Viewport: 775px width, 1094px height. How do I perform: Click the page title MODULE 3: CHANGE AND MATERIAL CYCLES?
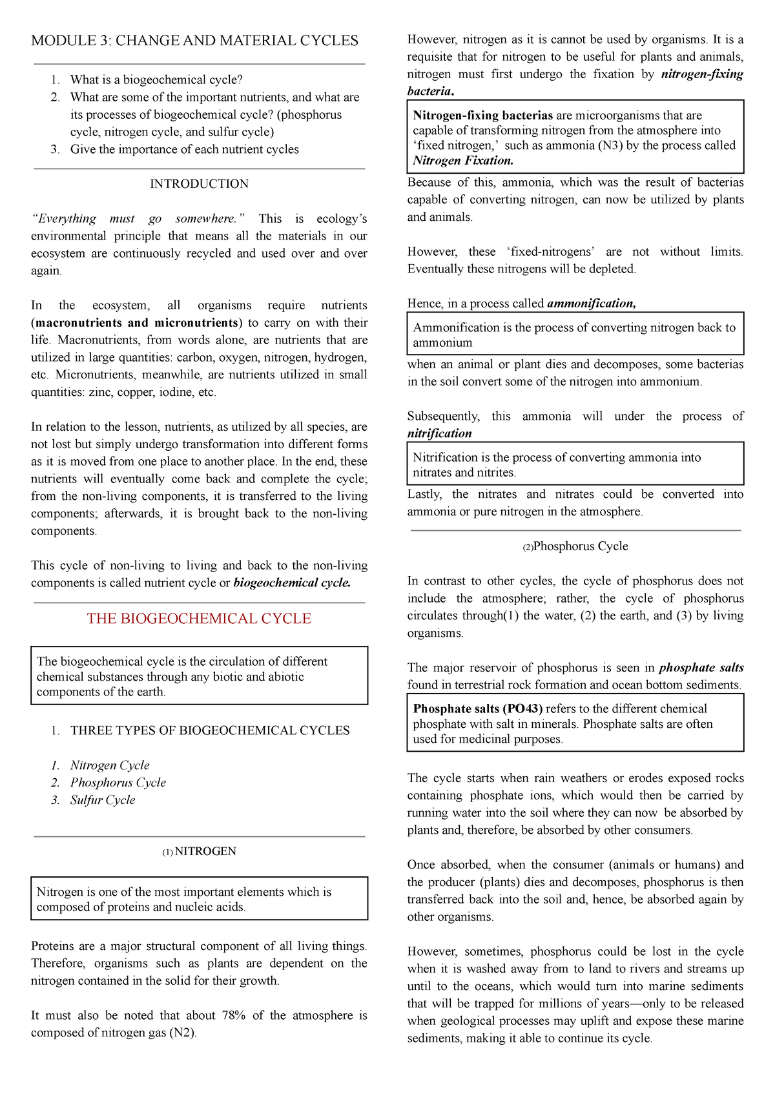pos(194,41)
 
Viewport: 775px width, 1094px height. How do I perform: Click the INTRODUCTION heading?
pos(199,184)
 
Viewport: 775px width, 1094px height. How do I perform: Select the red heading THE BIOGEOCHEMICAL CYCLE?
pos(199,619)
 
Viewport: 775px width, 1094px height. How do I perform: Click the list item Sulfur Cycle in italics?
pos(103,800)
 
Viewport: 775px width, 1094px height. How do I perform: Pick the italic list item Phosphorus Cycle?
pos(118,783)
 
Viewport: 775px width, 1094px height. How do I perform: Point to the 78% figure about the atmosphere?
pos(233,1016)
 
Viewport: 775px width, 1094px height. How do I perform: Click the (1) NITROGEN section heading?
pos(199,852)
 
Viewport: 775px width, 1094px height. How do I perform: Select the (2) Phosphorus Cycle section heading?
pos(575,546)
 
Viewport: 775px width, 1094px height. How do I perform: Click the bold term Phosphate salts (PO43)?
pos(478,709)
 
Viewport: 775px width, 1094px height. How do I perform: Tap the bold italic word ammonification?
pos(591,304)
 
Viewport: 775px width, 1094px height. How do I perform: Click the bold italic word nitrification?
pos(439,434)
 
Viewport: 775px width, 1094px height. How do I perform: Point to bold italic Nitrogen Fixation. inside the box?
pos(463,161)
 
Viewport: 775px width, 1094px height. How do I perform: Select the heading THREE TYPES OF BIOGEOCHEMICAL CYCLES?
pos(210,730)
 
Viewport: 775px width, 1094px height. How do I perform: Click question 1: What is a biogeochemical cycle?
pos(156,80)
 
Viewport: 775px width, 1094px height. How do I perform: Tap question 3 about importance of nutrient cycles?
pos(184,150)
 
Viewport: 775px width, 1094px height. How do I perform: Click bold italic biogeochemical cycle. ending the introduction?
pos(292,583)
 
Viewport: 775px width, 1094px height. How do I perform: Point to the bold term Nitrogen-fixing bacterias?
pos(482,116)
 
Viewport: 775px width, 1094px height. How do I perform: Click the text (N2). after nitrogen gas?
pos(182,1033)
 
